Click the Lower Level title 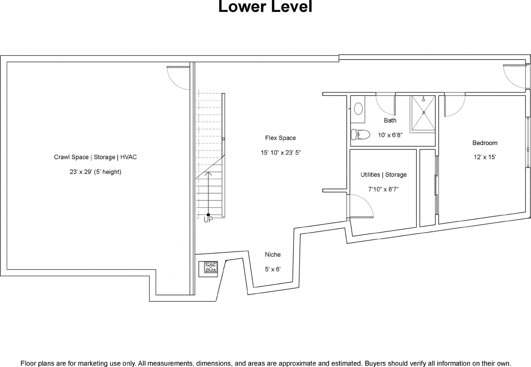click(265, 6)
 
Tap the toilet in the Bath click(360, 135)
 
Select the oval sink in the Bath click(358, 109)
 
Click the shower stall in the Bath click(423, 113)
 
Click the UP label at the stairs click(208, 220)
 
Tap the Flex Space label click(281, 138)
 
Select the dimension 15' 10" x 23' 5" click(281, 152)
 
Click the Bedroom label click(485, 143)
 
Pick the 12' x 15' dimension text click(485, 157)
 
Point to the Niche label click(273, 255)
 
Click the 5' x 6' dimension click(273, 269)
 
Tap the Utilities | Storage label click(384, 175)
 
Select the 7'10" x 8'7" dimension click(383, 189)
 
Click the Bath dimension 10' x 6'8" click(390, 135)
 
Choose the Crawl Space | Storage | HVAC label click(95, 157)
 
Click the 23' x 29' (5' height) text click(95, 172)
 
